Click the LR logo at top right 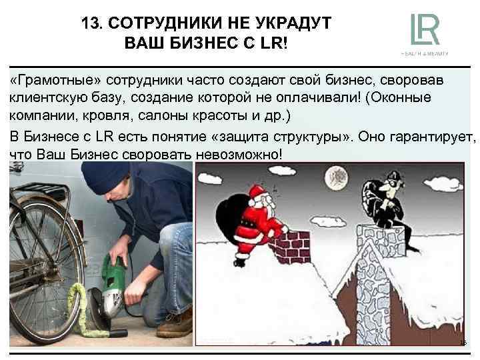(424, 31)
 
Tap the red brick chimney (297, 244)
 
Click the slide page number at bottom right (464, 343)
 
